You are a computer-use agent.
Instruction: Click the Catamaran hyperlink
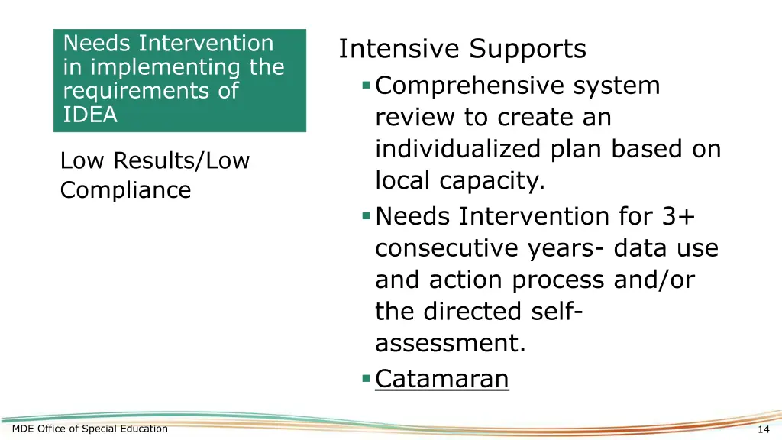(441, 378)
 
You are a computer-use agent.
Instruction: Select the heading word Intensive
(399, 50)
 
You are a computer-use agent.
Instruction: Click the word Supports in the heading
(528, 50)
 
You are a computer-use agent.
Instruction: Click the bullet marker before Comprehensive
(367, 86)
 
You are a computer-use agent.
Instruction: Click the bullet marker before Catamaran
(367, 378)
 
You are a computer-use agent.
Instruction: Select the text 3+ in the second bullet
(678, 218)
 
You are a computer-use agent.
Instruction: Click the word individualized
(459, 149)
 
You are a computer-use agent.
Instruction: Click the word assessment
(450, 344)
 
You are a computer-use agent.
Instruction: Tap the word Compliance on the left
(125, 190)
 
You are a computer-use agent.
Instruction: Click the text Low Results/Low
(154, 161)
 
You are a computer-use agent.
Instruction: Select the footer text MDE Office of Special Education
(90, 429)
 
